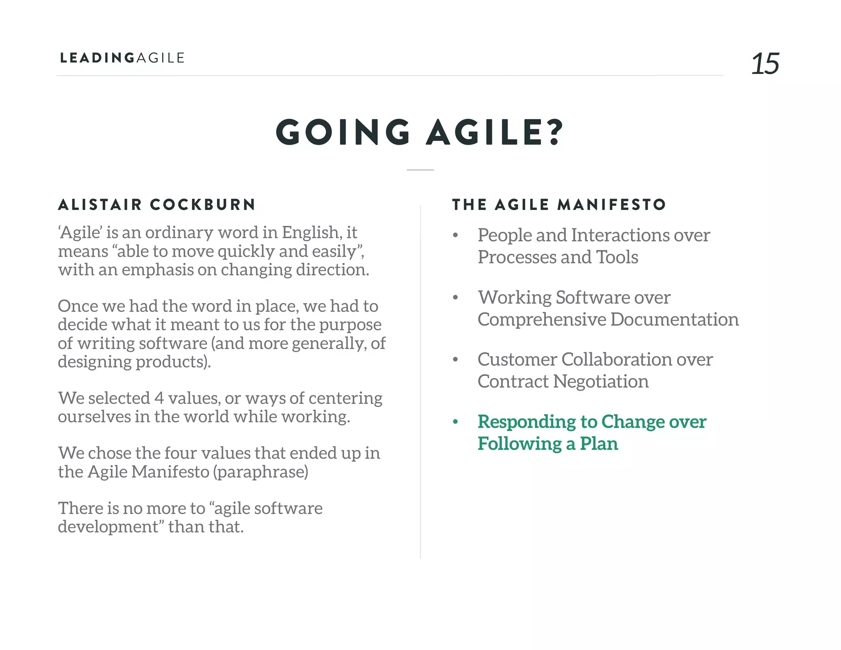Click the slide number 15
tap(765, 64)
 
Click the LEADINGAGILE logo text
tap(122, 58)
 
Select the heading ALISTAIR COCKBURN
tap(157, 205)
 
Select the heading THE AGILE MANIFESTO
tap(559, 205)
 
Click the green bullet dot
tap(455, 422)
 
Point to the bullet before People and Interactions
tap(455, 235)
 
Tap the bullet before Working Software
tap(455, 297)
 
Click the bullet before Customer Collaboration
tap(455, 360)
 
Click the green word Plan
tap(599, 444)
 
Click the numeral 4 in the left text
tap(159, 398)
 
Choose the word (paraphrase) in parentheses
tap(261, 472)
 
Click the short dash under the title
tap(420, 170)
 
